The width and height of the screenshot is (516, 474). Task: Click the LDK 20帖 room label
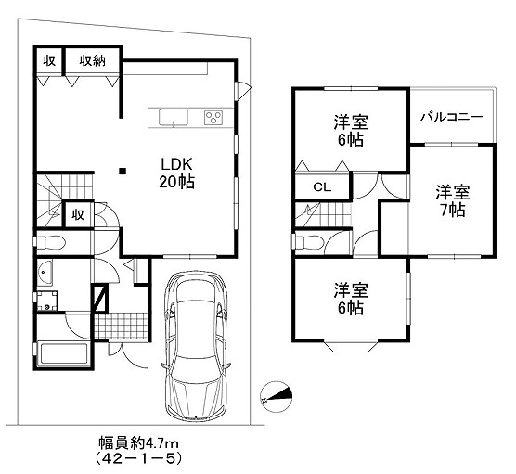coord(176,173)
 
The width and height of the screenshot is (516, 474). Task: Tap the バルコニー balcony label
coord(452,117)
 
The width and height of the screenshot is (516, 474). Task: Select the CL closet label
coord(322,187)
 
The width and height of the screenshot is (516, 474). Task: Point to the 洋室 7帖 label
coord(453,201)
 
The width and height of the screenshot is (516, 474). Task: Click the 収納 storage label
coord(92,61)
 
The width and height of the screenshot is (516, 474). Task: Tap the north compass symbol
coord(277,397)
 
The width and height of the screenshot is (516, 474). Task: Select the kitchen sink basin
coord(174,118)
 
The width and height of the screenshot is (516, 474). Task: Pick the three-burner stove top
coord(213,118)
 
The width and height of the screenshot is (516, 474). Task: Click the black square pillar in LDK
coord(123,171)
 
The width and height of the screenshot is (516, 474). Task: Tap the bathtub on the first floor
coord(63,354)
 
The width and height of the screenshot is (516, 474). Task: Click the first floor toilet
coord(50,243)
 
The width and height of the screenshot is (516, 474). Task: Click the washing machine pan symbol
coord(47,301)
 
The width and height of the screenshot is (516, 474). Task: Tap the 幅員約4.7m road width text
coord(139,443)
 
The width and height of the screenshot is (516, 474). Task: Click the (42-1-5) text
coord(138,458)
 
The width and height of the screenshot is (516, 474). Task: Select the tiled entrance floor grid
coord(121,326)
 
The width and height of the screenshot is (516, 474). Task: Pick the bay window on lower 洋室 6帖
coord(351,347)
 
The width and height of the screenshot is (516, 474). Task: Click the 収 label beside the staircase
coord(78,215)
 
